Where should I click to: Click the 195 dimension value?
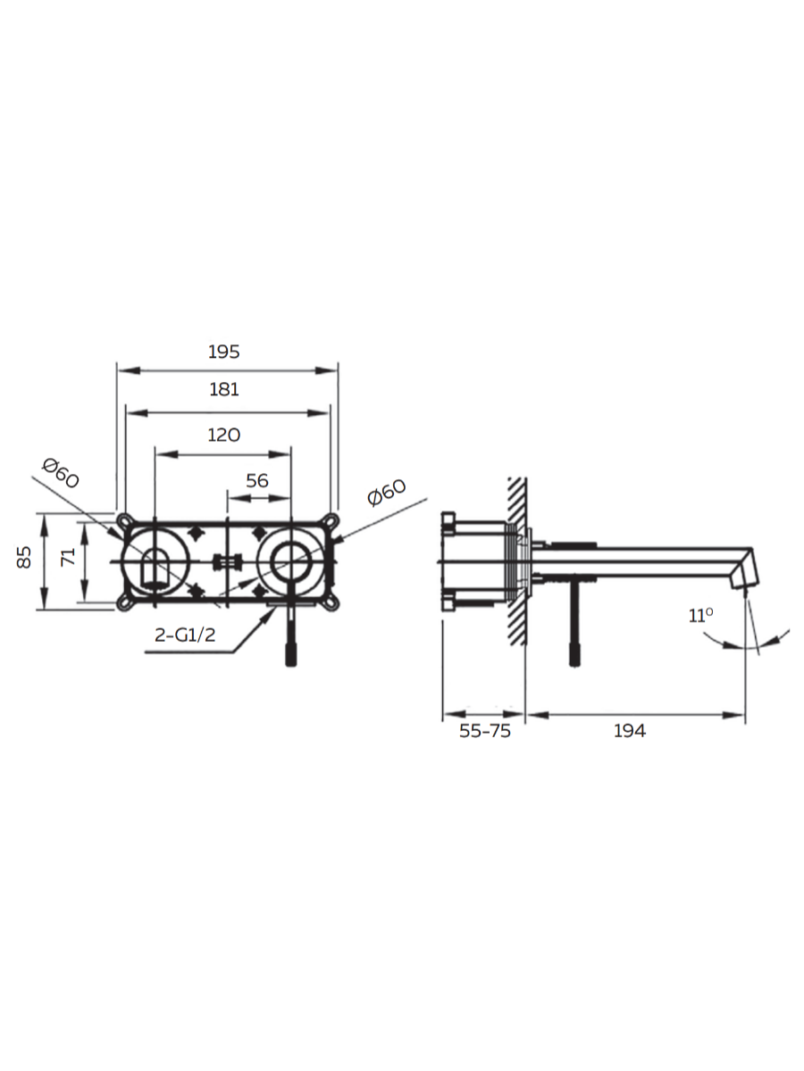tap(224, 352)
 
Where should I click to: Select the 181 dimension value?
tap(224, 389)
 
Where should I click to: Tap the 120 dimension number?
tap(224, 435)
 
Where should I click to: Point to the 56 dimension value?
tap(257, 480)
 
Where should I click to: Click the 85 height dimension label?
tap(24, 557)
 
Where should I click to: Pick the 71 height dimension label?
tap(69, 557)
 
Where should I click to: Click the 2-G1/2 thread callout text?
tap(185, 635)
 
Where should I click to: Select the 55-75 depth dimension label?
tap(485, 731)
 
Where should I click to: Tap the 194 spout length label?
tap(630, 731)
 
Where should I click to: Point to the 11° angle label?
tap(700, 616)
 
